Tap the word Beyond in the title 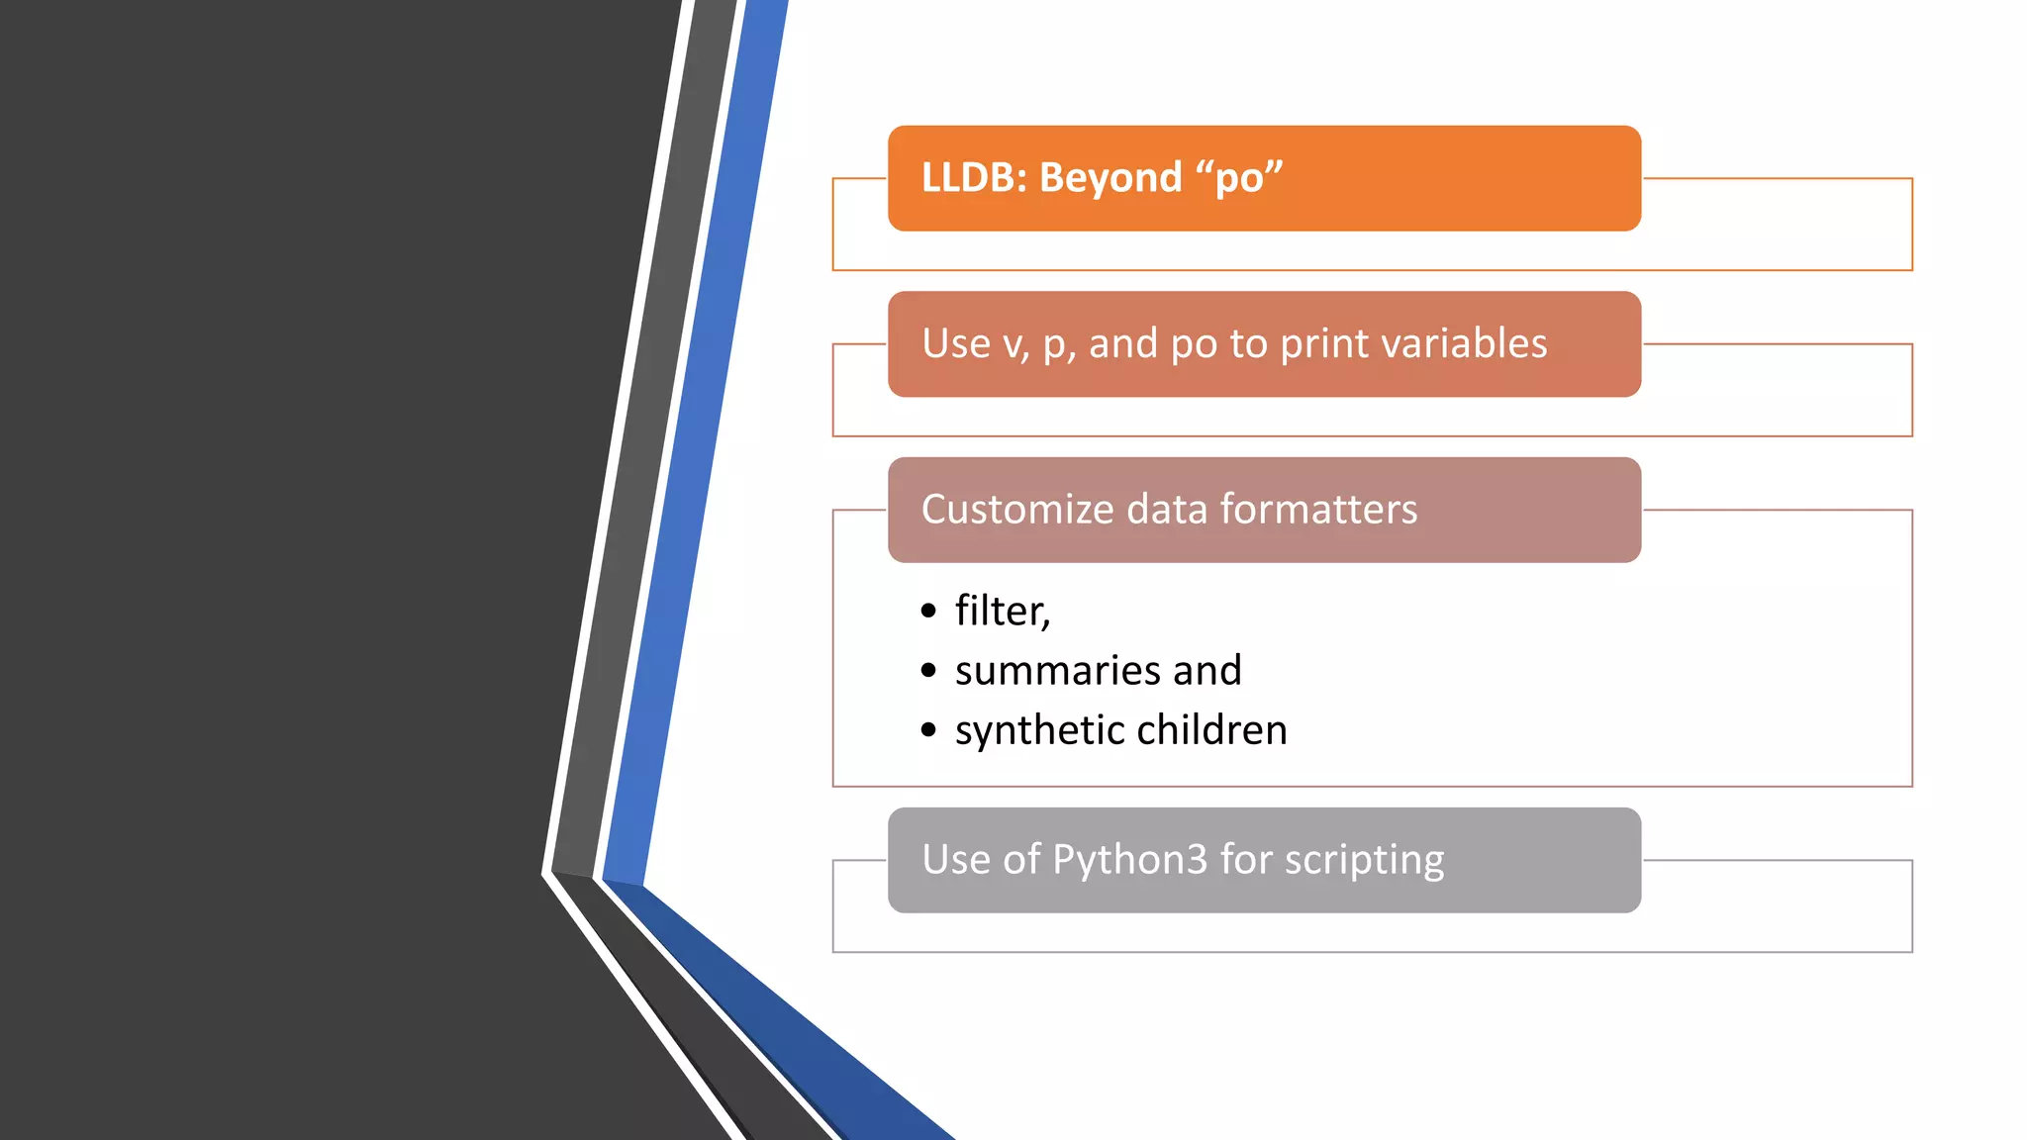click(1110, 178)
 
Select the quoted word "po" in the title click(1239, 178)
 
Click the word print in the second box click(1324, 344)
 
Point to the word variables click(1464, 344)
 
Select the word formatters click(1318, 510)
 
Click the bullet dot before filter click(927, 612)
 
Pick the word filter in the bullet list click(1000, 611)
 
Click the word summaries click(1057, 671)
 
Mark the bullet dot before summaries click(927, 671)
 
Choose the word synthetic click(1039, 731)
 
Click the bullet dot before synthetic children click(927, 731)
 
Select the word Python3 click(1129, 860)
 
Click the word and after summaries click(1207, 671)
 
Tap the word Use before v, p click(955, 344)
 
